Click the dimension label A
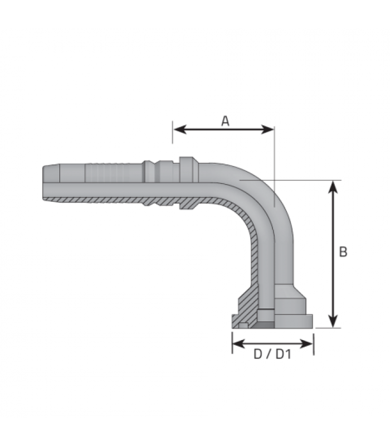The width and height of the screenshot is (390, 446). pos(225,121)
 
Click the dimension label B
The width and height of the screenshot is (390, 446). pos(343,252)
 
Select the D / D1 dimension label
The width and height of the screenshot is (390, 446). pos(272,355)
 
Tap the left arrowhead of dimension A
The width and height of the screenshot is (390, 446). pos(180,129)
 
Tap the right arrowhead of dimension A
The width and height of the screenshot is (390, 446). pos(267,129)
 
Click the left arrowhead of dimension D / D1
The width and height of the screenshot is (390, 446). pos(239,343)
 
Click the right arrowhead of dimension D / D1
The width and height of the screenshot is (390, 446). pos(306,343)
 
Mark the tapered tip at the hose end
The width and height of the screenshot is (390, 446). pos(51,182)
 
